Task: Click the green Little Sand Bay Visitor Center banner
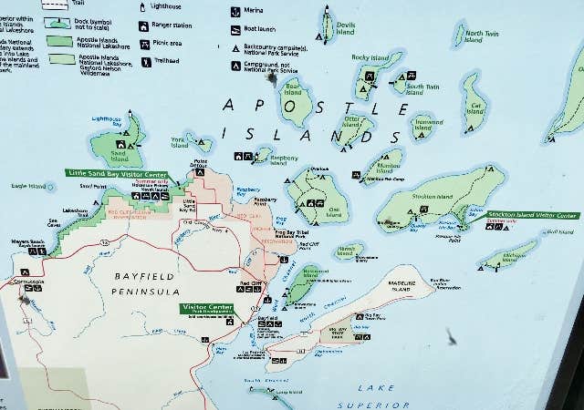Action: pos(116,173)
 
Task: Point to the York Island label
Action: pos(180,142)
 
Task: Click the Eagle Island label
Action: pos(28,187)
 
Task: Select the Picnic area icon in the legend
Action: pos(144,44)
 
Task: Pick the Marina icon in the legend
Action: pos(235,10)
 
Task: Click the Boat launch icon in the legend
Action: pos(235,27)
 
